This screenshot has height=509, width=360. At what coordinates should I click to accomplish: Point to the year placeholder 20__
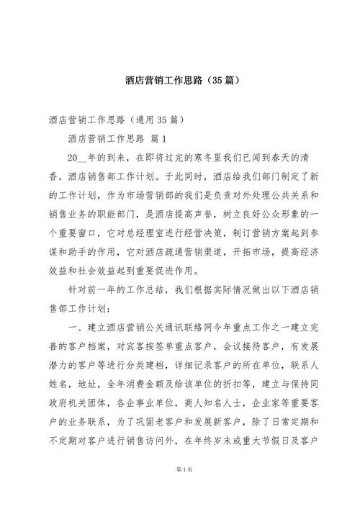pyautogui.click(x=77, y=156)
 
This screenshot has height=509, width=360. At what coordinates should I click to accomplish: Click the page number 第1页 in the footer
pyautogui.click(x=180, y=490)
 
